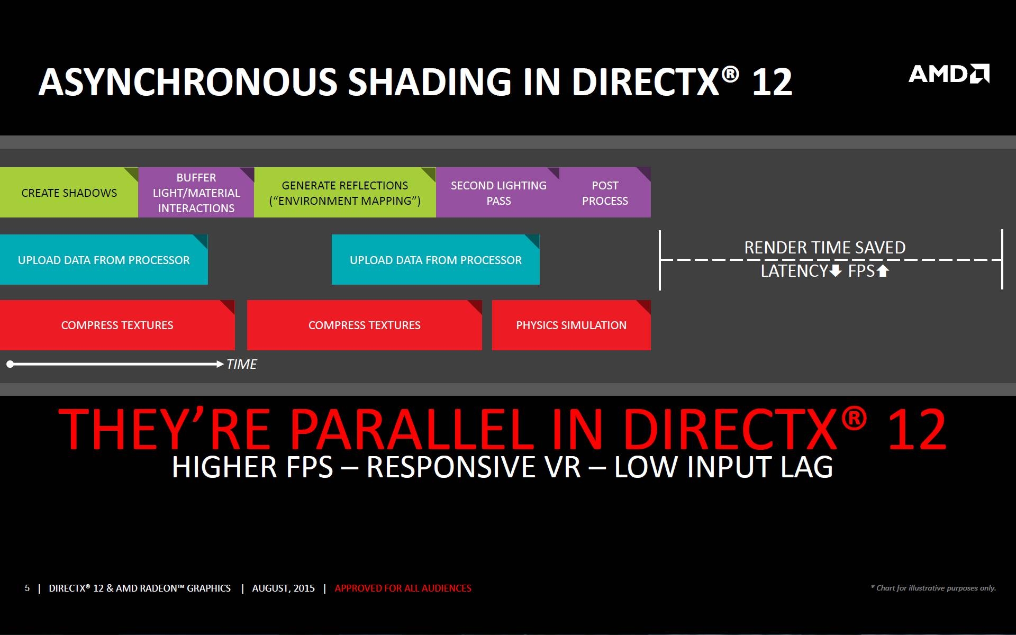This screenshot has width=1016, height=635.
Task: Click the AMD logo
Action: click(x=949, y=74)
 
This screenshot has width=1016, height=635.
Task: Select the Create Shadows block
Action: click(x=69, y=193)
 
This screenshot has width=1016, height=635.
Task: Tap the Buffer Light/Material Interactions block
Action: click(x=196, y=193)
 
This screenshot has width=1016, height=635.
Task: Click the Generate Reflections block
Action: click(x=345, y=193)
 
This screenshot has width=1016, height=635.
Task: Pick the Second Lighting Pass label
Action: click(x=498, y=193)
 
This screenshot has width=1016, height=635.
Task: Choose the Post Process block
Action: click(x=605, y=193)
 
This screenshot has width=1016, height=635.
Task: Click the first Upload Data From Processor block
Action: click(x=104, y=259)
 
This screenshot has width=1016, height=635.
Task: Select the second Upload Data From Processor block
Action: click(x=436, y=259)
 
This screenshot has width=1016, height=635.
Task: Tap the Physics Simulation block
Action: click(x=571, y=325)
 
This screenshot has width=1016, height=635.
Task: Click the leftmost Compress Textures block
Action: click(x=117, y=325)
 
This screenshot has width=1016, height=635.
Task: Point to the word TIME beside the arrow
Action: click(x=241, y=364)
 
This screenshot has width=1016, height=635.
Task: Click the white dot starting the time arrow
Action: click(x=10, y=364)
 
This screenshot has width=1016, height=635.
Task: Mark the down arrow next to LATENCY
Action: click(x=836, y=271)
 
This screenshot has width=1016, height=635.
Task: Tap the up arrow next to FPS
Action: click(x=883, y=271)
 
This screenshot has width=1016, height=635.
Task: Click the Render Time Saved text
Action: click(x=825, y=247)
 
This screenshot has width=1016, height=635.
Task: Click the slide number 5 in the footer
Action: click(x=27, y=588)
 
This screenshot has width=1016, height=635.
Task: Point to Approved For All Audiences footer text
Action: click(x=403, y=588)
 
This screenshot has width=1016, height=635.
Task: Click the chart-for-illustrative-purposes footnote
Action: click(x=933, y=588)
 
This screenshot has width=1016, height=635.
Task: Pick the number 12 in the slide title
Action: click(x=772, y=82)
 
